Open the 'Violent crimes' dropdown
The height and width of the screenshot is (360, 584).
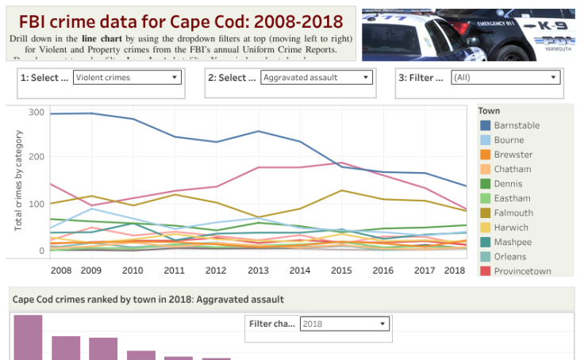127,78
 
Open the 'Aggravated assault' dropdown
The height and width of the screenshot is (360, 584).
316,78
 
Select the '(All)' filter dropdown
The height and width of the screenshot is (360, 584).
505,78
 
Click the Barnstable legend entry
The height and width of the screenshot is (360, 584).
516,125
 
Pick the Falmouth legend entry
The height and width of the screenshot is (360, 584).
513,213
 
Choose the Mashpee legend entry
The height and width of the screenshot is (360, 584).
513,242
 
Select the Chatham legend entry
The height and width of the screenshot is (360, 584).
512,169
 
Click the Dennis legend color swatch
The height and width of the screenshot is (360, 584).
485,184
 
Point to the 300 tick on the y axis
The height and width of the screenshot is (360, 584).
36,113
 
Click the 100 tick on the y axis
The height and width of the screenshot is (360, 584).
36,205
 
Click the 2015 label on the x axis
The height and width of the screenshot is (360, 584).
340,270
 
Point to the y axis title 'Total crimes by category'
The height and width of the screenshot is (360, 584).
18,180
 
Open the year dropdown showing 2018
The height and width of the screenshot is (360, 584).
344,324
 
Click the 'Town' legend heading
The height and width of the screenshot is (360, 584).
489,111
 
